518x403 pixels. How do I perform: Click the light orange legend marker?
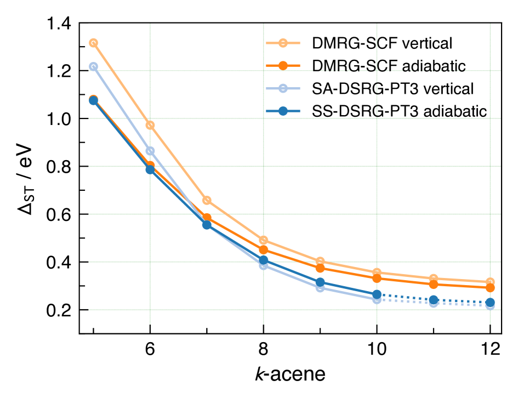[x=283, y=43]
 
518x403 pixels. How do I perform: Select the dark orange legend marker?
[x=283, y=66]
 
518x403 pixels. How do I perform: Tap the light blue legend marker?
[x=283, y=88]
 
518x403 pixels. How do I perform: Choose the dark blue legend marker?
[x=283, y=111]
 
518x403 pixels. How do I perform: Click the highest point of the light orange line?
[x=94, y=43]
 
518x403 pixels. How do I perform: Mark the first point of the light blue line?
[x=94, y=67]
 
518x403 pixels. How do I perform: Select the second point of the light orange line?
[x=150, y=125]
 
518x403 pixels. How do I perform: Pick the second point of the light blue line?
[x=150, y=151]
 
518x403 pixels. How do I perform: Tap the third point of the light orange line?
[x=207, y=201]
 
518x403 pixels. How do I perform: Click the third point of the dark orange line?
[x=207, y=218]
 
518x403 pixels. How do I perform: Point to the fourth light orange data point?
[x=264, y=240]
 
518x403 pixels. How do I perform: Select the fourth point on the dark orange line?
[x=264, y=249]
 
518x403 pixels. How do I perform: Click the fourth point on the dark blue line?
[x=264, y=260]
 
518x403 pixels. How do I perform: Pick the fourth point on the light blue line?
[x=264, y=265]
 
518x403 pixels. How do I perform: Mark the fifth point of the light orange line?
[x=320, y=262]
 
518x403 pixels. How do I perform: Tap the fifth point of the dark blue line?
[x=320, y=282]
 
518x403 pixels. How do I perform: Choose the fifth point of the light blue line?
[x=320, y=288]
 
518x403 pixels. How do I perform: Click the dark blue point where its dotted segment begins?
[x=377, y=294]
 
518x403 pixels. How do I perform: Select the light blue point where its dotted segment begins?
[x=377, y=299]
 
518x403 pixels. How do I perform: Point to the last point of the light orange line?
[x=490, y=282]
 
